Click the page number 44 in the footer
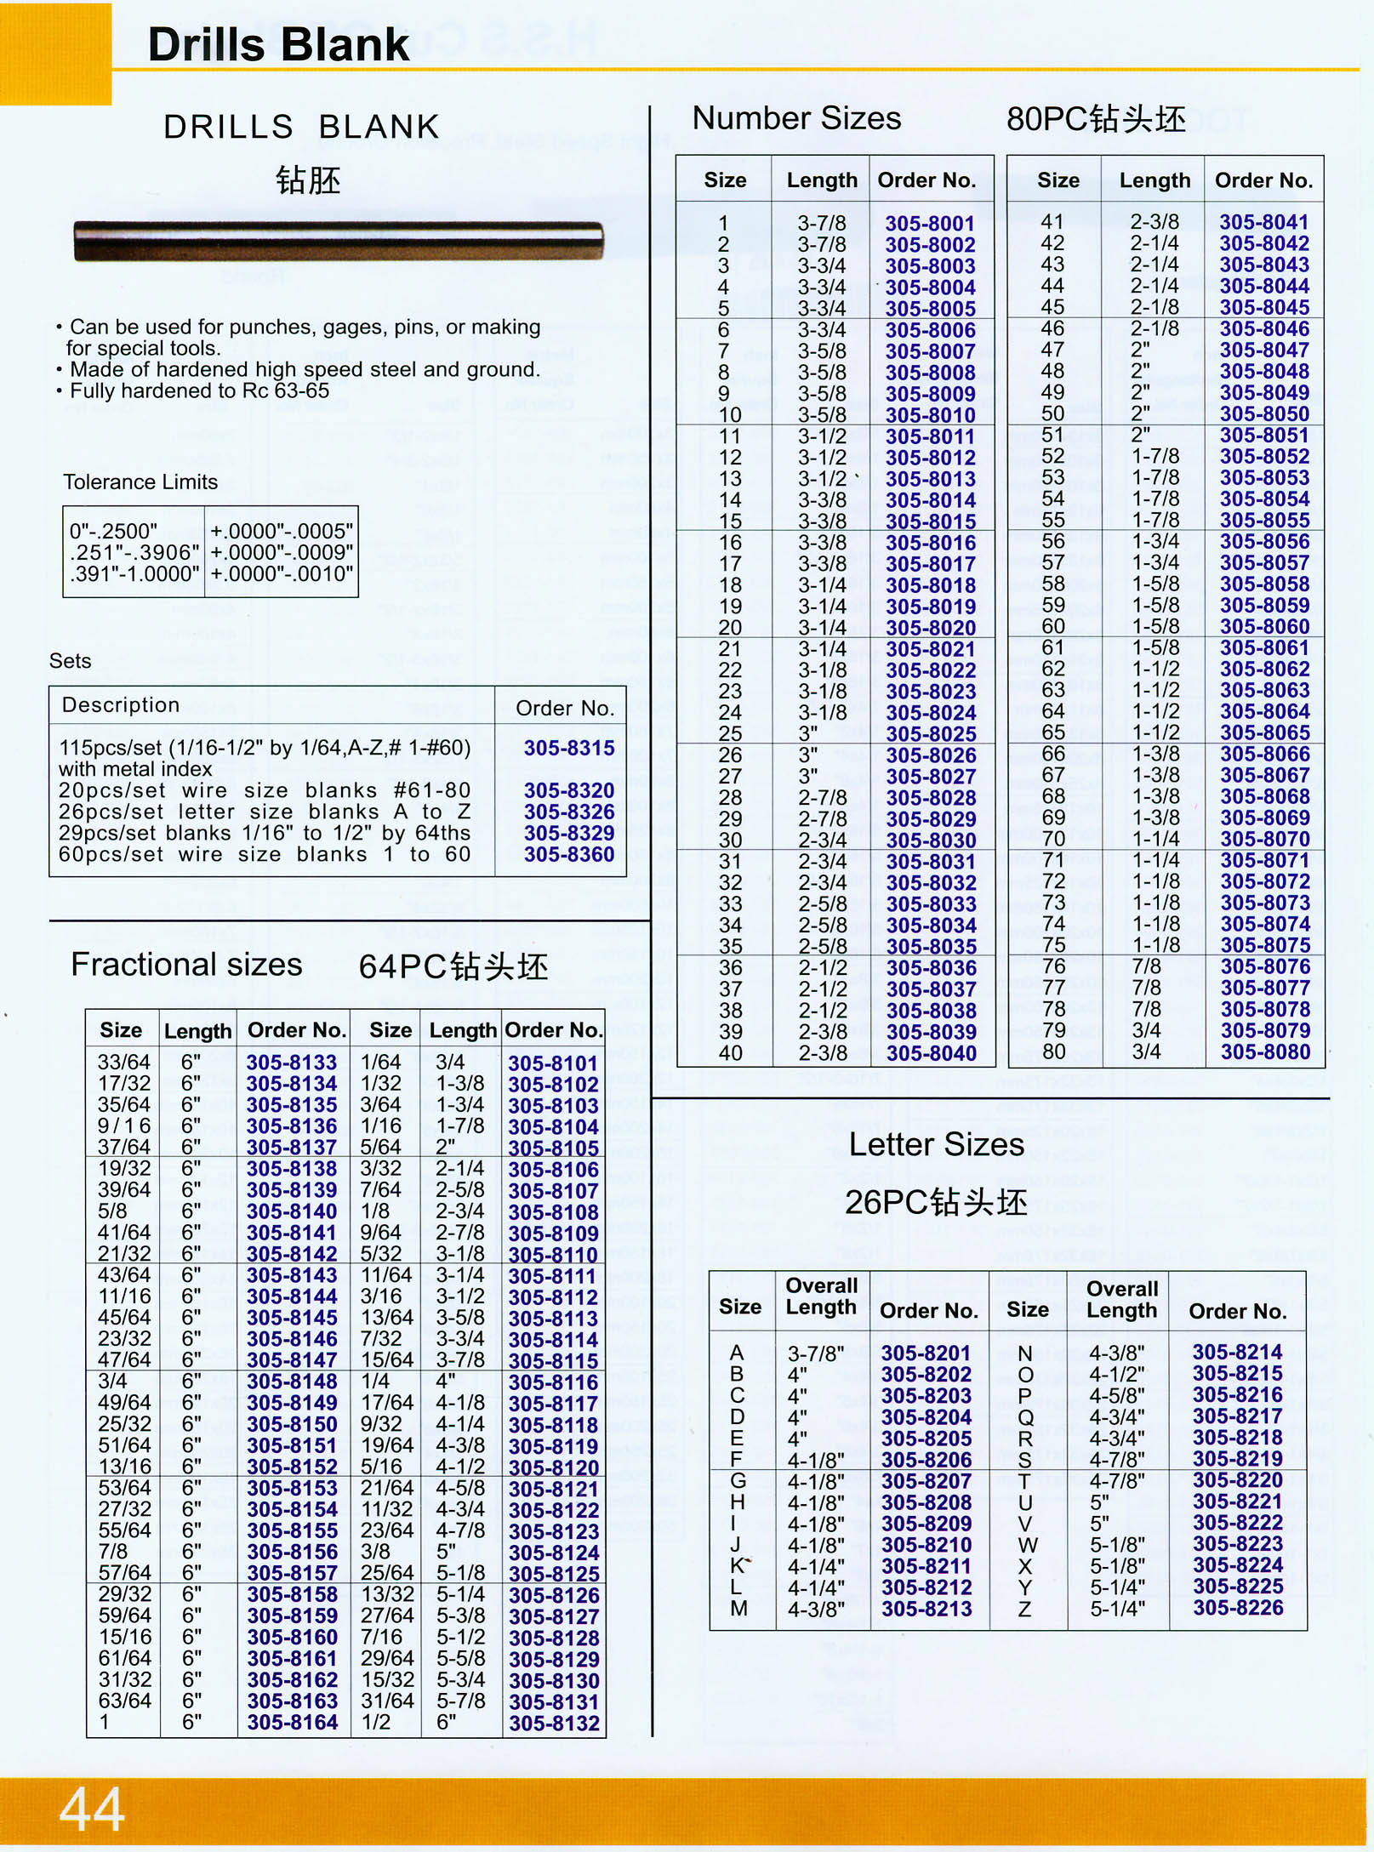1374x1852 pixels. pyautogui.click(x=92, y=1809)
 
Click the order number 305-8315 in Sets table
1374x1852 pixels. pyautogui.click(x=568, y=748)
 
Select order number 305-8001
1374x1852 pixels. pyautogui.click(x=929, y=223)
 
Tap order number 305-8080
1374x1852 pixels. pyautogui.click(x=1265, y=1051)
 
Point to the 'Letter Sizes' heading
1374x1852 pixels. pyautogui.click(x=936, y=1144)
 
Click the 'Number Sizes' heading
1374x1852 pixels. pyautogui.click(x=796, y=118)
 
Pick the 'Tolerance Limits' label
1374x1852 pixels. pyautogui.click(x=140, y=482)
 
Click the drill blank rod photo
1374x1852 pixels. pyautogui.click(x=339, y=240)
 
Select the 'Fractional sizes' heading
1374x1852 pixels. pyautogui.click(x=186, y=965)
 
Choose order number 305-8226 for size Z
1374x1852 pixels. pyautogui.click(x=1237, y=1608)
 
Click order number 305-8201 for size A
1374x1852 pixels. pyautogui.click(x=926, y=1353)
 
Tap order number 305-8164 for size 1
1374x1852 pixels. pyautogui.click(x=293, y=1723)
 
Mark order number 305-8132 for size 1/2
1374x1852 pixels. pyautogui.click(x=554, y=1724)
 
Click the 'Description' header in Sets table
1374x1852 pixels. pyautogui.click(x=121, y=705)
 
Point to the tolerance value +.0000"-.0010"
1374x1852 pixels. pyautogui.click(x=282, y=574)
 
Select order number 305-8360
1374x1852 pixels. pyautogui.click(x=568, y=854)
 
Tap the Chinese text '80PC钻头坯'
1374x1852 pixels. pyautogui.click(x=1096, y=119)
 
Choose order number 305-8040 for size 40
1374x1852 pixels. pyautogui.click(x=931, y=1053)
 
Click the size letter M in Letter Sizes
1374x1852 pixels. pyautogui.click(x=738, y=1609)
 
